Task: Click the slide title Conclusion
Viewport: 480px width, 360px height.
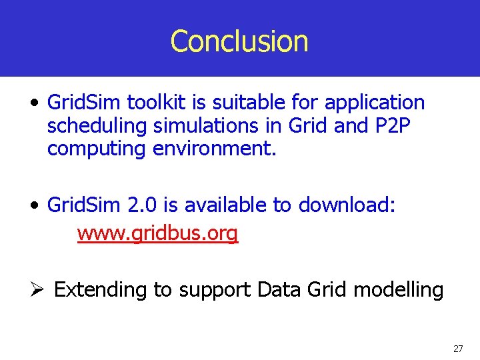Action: pos(239,41)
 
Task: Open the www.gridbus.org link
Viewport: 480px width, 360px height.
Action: pos(157,233)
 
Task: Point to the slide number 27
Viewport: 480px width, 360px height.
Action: pos(457,349)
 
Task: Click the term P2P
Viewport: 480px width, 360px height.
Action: pos(387,125)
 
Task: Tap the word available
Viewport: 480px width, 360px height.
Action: pos(226,205)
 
